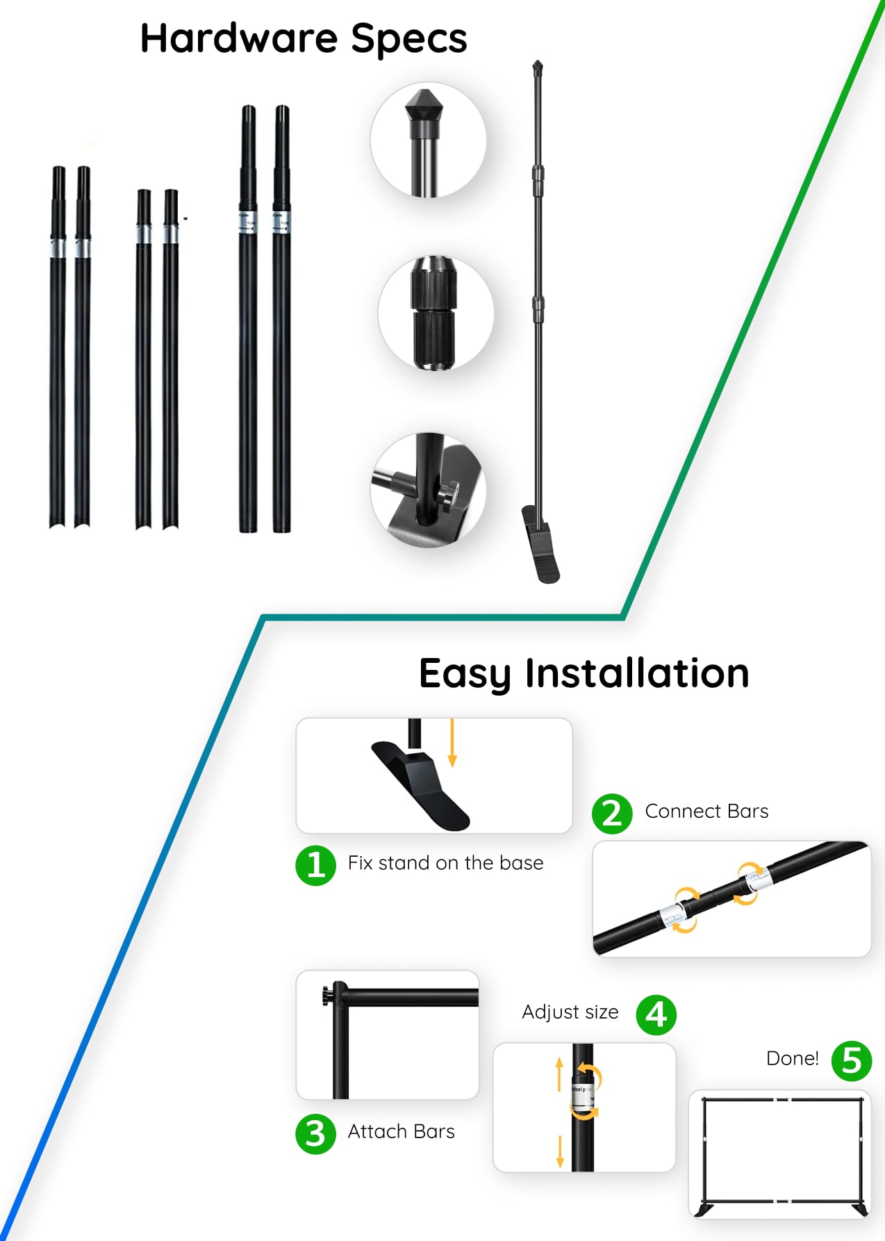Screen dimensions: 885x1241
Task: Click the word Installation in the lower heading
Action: point(637,673)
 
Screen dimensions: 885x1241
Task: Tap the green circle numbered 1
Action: point(316,865)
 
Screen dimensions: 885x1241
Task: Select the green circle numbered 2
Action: point(612,814)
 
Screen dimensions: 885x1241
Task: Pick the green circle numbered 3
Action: point(315,1134)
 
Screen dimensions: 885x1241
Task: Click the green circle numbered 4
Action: point(656,1015)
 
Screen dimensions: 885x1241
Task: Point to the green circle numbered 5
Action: point(852,1061)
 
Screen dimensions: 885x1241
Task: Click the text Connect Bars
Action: point(706,811)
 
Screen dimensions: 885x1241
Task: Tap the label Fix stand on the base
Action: point(445,863)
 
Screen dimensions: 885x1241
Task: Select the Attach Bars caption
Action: point(401,1131)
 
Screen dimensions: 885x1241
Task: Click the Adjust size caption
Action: point(570,1012)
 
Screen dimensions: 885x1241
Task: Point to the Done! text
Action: point(793,1058)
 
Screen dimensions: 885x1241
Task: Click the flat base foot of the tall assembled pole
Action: point(540,544)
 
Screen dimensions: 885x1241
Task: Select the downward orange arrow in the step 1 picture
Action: point(452,743)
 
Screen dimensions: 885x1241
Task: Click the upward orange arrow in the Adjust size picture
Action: point(559,1074)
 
